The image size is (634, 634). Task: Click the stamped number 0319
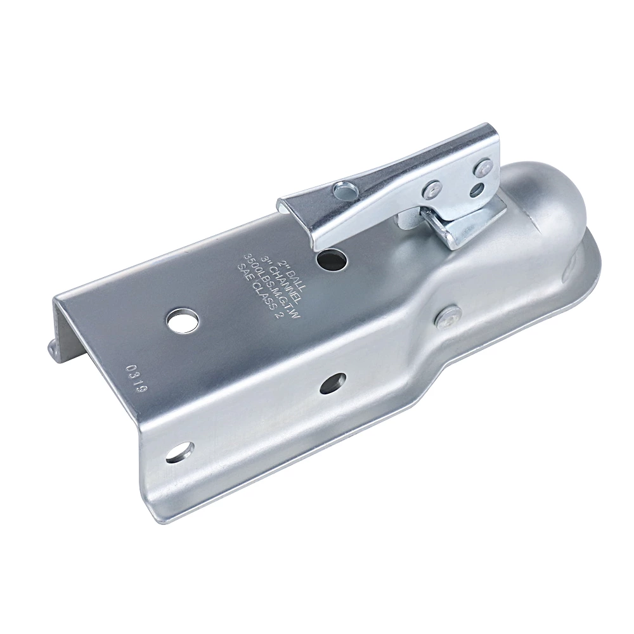pos(136,379)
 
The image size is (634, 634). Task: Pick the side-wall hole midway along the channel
pos(332,383)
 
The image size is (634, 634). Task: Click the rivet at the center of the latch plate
pos(434,187)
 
